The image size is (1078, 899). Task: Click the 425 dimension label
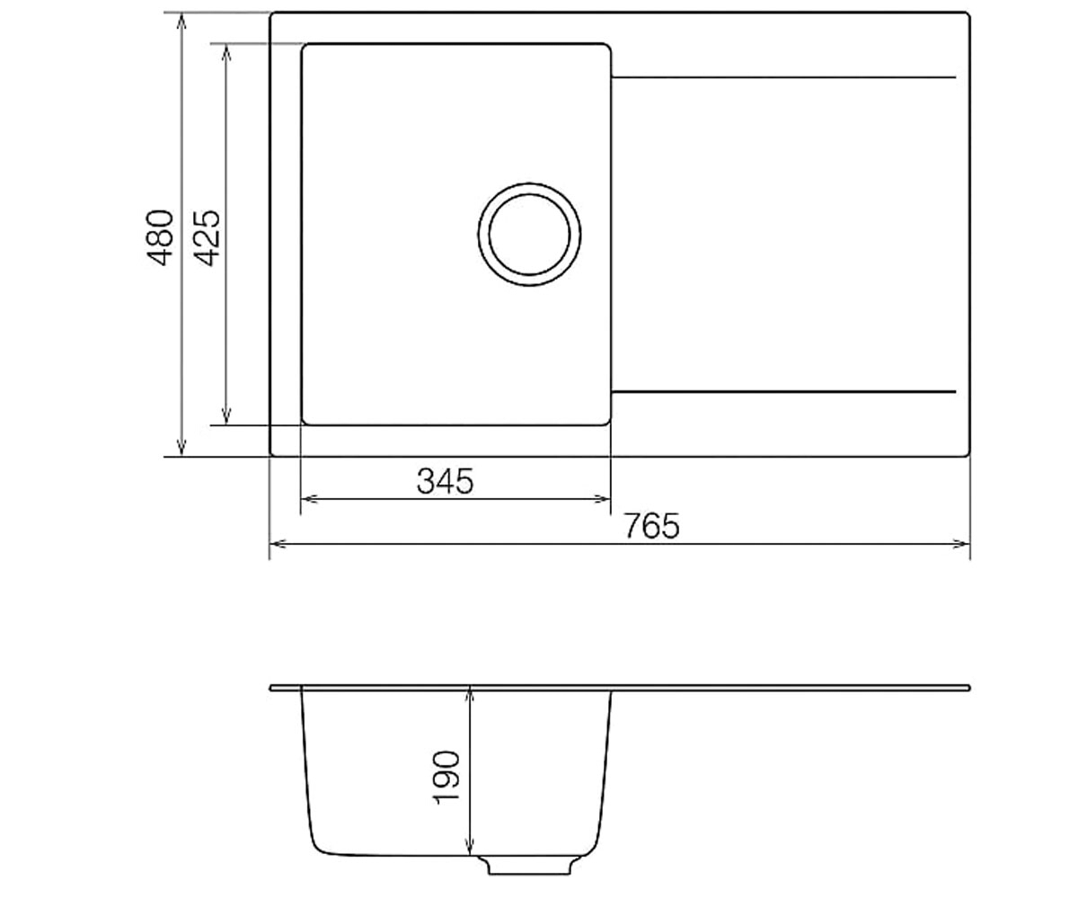click(x=208, y=237)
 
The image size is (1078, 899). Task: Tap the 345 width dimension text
click(x=445, y=482)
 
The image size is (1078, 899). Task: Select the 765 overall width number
click(x=651, y=526)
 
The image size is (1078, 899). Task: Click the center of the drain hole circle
click(x=529, y=234)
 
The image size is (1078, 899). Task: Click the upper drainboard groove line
click(x=783, y=77)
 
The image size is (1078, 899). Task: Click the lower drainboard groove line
click(x=783, y=392)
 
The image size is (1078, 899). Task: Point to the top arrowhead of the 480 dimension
click(x=181, y=15)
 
